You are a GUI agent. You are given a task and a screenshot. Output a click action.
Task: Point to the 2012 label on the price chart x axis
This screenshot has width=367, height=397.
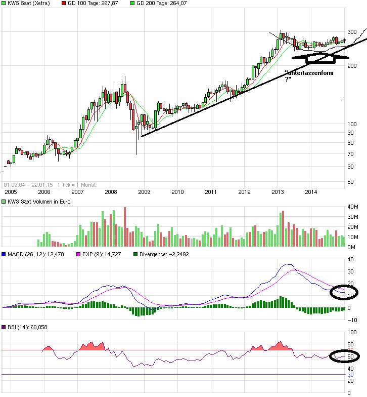(x=244, y=192)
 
